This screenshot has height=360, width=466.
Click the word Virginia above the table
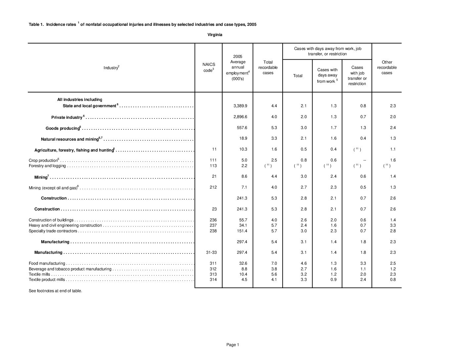coord(215,35)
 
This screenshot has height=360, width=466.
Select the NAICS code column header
coord(209,67)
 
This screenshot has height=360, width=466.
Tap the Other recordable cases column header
coord(387,67)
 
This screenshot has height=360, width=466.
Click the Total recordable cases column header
coord(268,67)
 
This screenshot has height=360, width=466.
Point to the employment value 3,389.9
coord(240,106)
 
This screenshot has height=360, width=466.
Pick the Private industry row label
coord(67,117)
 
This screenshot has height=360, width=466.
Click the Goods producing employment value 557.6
coord(242,128)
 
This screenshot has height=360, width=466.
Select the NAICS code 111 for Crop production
coord(213,160)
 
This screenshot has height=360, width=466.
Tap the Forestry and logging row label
coord(47,166)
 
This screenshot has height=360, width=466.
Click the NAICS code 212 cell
coord(213,187)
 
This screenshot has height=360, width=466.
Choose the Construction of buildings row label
coord(51,220)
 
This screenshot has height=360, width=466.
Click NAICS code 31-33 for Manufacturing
coord(211,252)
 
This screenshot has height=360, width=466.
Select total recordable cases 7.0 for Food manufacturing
coord(274,263)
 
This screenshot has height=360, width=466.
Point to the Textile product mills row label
coord(47,280)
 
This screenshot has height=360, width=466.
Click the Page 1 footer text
coord(233,345)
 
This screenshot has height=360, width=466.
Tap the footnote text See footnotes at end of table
coord(55,291)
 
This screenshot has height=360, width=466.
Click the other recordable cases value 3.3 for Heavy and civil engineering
coord(393,225)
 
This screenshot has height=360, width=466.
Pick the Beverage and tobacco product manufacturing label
coord(70,269)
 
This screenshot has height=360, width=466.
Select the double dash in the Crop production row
coord(364,160)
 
